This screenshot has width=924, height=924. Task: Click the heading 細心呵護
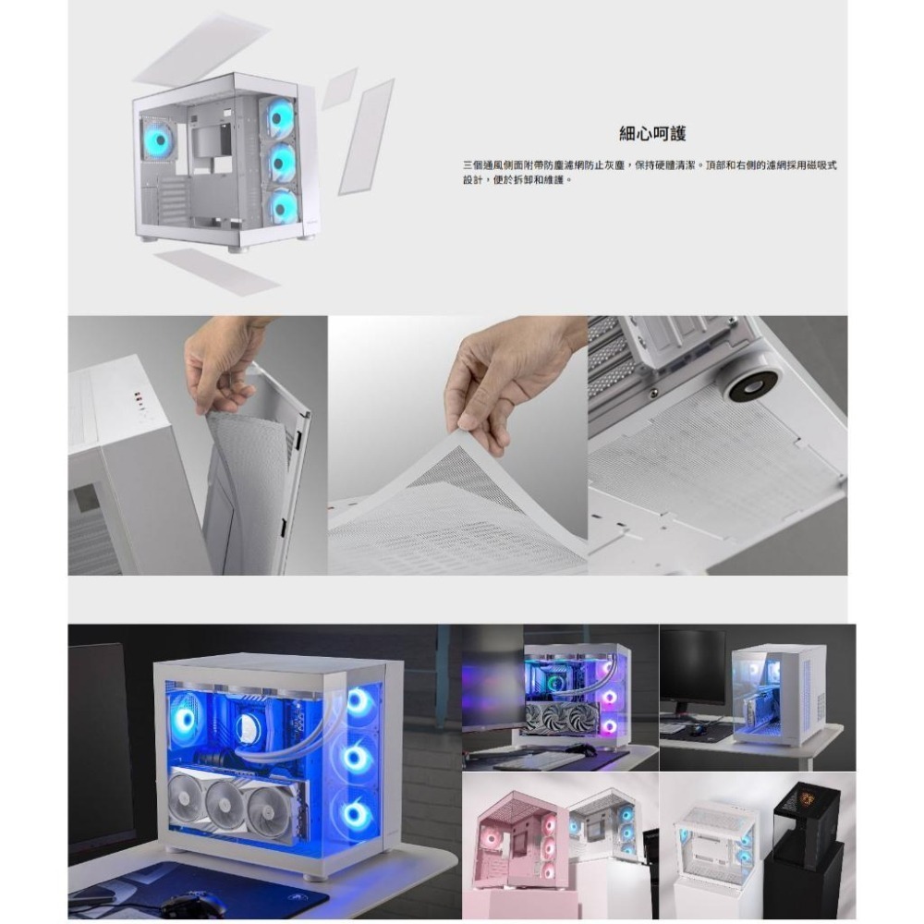[652, 134]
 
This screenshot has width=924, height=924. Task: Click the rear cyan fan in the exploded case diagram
[157, 141]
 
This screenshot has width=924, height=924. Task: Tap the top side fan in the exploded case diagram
[280, 118]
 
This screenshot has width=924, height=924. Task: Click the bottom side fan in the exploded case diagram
[280, 208]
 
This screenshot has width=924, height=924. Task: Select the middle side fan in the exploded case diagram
[280, 164]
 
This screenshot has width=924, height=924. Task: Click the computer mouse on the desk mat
[192, 904]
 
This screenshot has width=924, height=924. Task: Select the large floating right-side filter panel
[366, 136]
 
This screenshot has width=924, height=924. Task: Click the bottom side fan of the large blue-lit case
[357, 814]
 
